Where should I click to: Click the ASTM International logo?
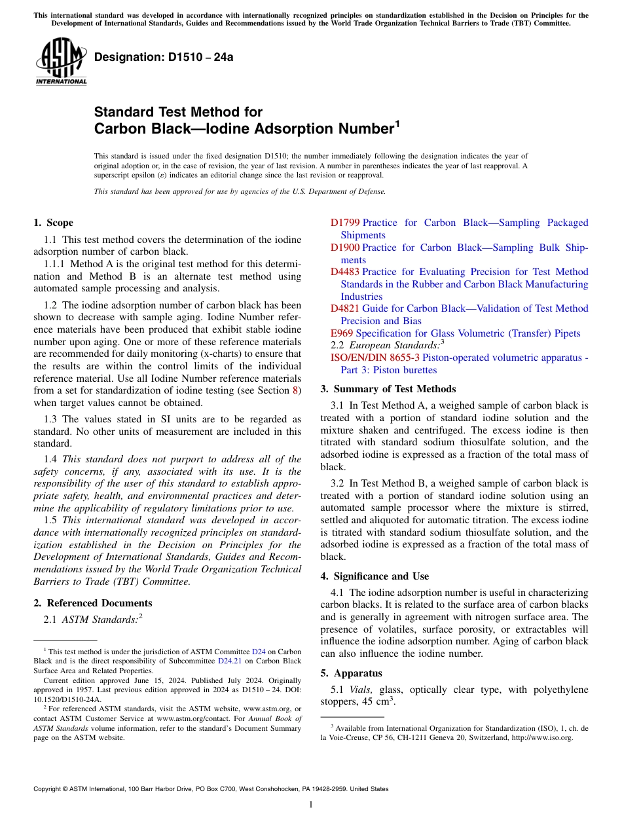click(x=61, y=62)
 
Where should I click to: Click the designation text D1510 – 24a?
click(x=164, y=58)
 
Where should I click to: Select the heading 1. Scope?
click(x=54, y=223)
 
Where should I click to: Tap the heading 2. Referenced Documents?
click(x=93, y=603)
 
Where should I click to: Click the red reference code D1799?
click(x=345, y=223)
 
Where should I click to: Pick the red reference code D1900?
click(x=345, y=248)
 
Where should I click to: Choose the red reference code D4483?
click(x=345, y=272)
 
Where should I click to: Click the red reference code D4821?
click(x=345, y=308)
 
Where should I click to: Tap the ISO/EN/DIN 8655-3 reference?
click(x=375, y=358)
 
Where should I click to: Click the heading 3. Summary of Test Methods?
click(x=388, y=389)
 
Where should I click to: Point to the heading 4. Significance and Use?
click(x=375, y=576)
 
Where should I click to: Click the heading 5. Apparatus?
click(x=352, y=673)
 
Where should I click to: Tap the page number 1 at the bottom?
click(x=311, y=804)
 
